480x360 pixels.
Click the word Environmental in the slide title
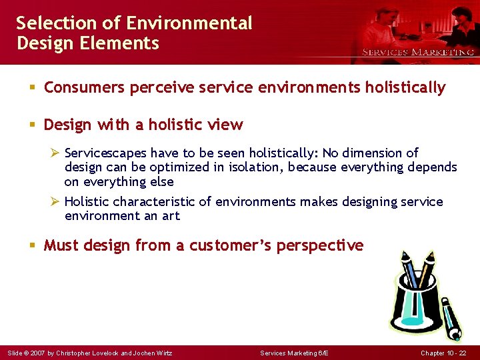(189, 23)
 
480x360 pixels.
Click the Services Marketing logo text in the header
(417, 52)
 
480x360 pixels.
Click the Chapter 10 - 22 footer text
(443, 353)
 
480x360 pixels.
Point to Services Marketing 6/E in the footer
(294, 353)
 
